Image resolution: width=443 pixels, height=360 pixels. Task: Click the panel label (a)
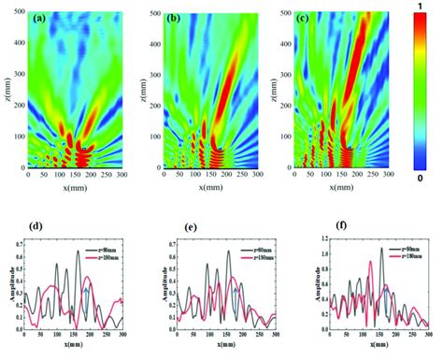tap(43, 19)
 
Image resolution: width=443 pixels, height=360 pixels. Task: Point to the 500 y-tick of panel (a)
tap(19, 13)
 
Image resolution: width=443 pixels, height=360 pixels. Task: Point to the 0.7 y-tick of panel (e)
tap(170, 242)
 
